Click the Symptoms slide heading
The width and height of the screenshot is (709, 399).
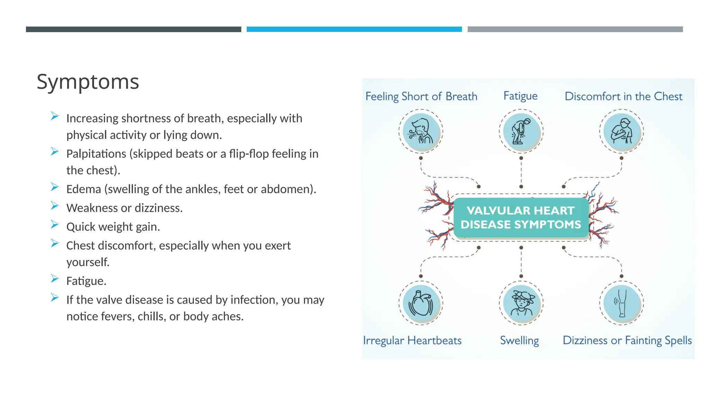point(88,82)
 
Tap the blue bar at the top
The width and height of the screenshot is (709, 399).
point(354,29)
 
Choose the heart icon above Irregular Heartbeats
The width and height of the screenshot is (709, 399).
point(421,303)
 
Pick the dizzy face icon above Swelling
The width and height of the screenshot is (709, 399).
point(521,303)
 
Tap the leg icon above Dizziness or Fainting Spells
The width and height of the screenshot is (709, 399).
point(621,303)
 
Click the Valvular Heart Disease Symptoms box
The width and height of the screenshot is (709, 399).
point(521,218)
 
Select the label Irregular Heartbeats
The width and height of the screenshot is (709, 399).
point(412,340)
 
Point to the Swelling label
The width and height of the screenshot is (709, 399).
point(519,340)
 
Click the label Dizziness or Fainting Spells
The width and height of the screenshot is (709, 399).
point(627,340)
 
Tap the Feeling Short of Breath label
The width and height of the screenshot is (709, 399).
point(421,96)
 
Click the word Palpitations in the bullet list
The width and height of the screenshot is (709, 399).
point(96,154)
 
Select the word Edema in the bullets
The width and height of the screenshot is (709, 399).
point(83,189)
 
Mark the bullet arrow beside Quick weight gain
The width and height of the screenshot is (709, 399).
point(55,224)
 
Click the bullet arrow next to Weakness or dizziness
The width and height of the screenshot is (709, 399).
point(55,206)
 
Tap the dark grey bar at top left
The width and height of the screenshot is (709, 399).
point(133,29)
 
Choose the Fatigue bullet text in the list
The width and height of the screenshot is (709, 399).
point(86,281)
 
